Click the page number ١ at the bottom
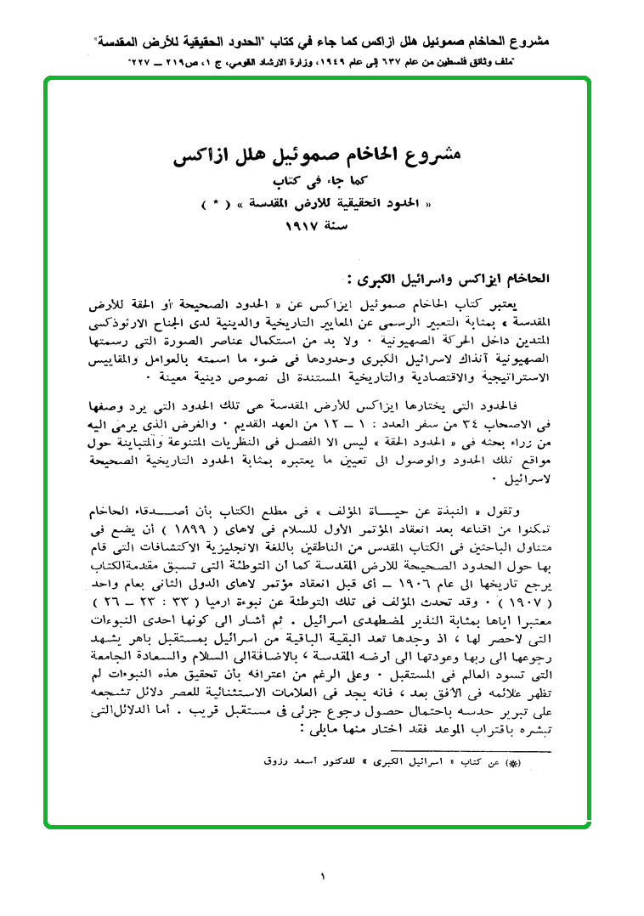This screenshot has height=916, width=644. pyautogui.click(x=324, y=876)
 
